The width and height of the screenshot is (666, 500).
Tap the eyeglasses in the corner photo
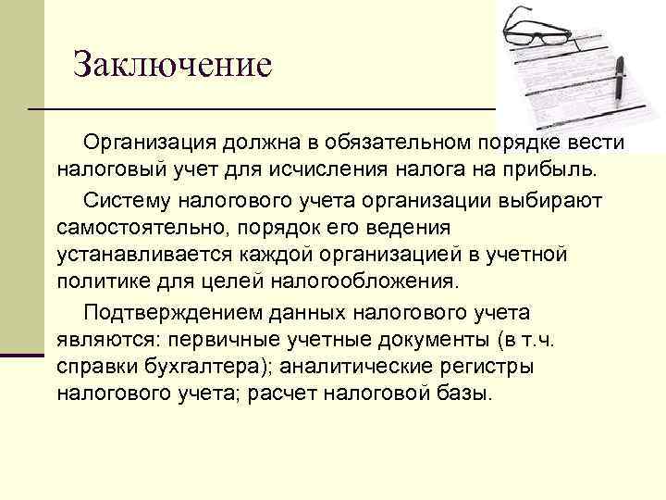[537, 27]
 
